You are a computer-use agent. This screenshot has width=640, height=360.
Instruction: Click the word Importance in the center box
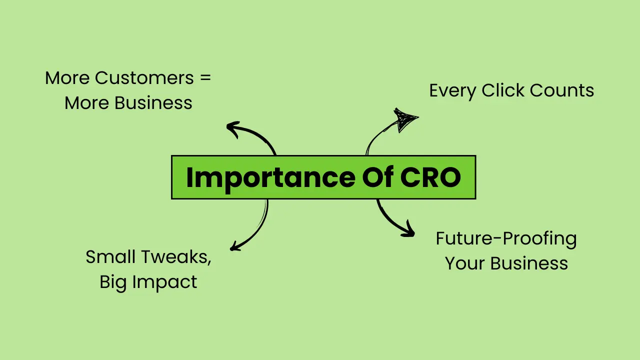tap(270, 178)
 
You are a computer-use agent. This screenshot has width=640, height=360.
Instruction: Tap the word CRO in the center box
tap(430, 177)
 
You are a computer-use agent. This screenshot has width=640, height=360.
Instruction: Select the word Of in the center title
tap(377, 177)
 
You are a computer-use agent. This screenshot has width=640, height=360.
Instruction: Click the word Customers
tap(144, 77)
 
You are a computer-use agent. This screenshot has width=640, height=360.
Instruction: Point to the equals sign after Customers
tap(205, 78)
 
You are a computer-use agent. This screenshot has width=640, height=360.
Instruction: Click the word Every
tap(452, 91)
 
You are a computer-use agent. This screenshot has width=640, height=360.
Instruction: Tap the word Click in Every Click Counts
tap(503, 90)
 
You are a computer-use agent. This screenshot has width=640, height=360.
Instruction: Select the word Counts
tap(562, 90)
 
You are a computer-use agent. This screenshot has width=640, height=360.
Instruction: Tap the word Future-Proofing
tap(506, 239)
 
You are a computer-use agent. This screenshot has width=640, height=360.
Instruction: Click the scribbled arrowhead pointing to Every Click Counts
tap(404, 119)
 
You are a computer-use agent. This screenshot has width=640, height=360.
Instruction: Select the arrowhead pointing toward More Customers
tap(233, 129)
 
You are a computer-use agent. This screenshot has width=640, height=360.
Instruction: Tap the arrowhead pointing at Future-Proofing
tap(408, 229)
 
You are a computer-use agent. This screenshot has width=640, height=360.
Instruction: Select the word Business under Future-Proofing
tap(529, 263)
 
